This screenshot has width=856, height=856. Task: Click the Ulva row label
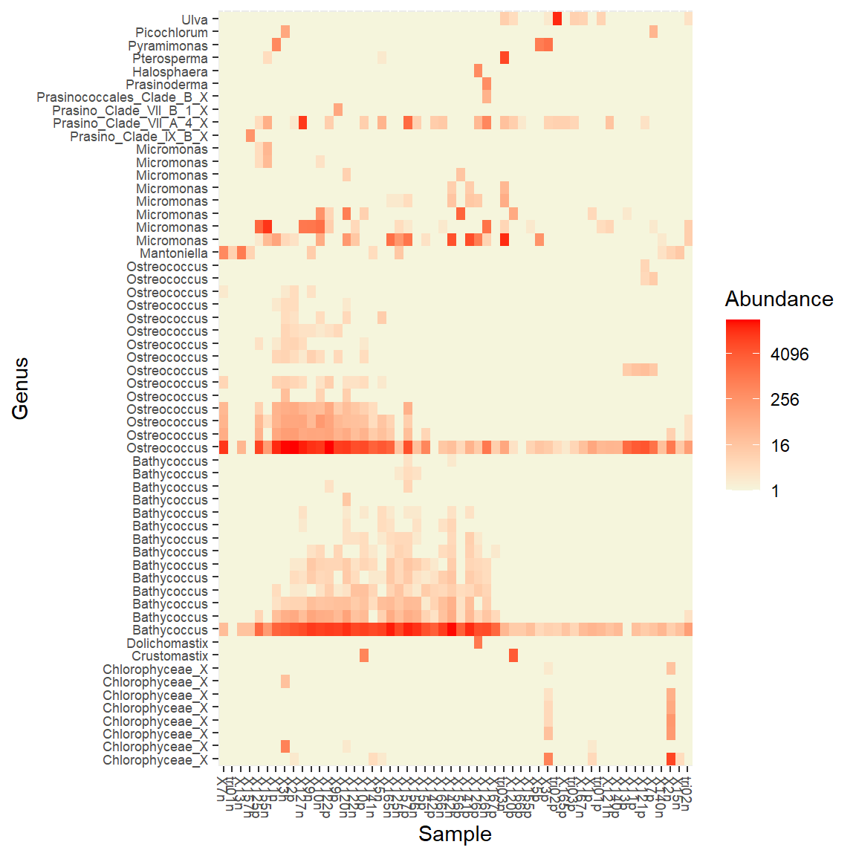(x=195, y=20)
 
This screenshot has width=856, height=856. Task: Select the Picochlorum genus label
(x=172, y=33)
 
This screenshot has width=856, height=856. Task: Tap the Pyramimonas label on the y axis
(x=168, y=46)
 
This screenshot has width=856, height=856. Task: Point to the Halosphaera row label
(x=170, y=72)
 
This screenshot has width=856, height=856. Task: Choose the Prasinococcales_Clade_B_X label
(x=123, y=97)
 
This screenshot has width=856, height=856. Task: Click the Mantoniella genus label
(x=174, y=253)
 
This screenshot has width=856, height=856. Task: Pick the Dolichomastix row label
(x=167, y=643)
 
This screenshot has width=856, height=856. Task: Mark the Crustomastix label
(x=170, y=656)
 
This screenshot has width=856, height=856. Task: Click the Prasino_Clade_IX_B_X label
(x=139, y=137)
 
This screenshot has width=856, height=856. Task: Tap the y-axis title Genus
(x=21, y=389)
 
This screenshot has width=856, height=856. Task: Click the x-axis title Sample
(x=455, y=834)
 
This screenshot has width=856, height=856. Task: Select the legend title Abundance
(x=779, y=299)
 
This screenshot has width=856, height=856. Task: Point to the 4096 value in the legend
(x=789, y=354)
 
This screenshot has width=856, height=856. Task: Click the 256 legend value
(x=785, y=400)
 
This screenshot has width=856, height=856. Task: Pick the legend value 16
(x=780, y=446)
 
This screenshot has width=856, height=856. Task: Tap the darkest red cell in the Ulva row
(x=557, y=19)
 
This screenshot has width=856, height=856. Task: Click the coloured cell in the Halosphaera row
(x=478, y=71)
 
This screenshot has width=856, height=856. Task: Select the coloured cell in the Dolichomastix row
(x=478, y=643)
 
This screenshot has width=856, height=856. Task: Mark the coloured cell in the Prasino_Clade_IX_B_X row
(x=250, y=136)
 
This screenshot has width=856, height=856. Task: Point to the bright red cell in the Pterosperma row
(x=505, y=58)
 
